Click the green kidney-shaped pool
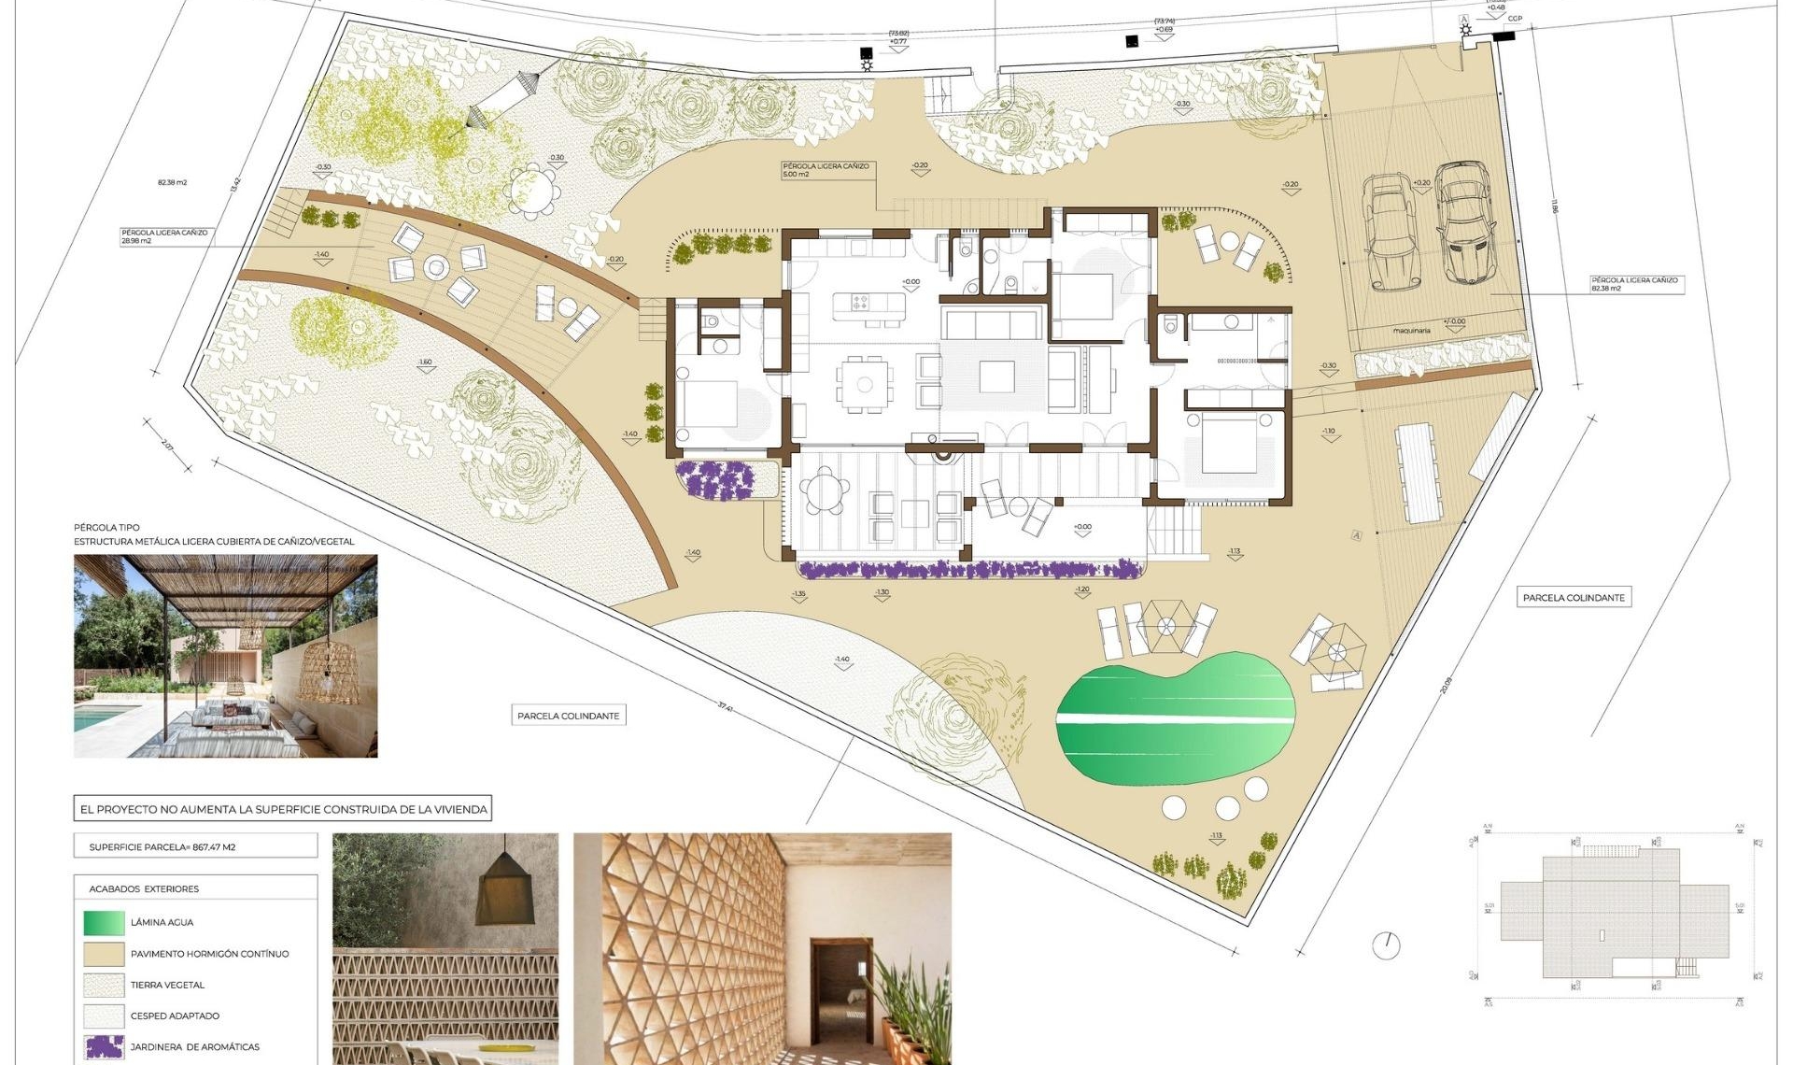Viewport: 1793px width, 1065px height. click(x=1175, y=717)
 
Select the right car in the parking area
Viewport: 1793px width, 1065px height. click(x=1463, y=222)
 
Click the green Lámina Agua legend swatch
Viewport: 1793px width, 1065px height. click(x=104, y=922)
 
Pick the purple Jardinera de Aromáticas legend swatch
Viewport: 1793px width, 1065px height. click(x=104, y=1046)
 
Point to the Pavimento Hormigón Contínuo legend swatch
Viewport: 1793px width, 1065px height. click(x=104, y=954)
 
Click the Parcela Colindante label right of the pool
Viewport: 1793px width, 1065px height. click(x=1574, y=598)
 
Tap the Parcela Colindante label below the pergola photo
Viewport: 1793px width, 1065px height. click(x=568, y=716)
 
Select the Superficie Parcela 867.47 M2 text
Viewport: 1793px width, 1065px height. click(x=162, y=847)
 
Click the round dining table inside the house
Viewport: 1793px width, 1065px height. click(x=865, y=384)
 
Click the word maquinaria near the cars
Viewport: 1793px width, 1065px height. click(x=1411, y=331)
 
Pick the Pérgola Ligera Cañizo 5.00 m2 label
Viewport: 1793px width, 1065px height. click(x=826, y=170)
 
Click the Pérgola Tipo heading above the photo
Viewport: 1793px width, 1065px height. click(x=106, y=528)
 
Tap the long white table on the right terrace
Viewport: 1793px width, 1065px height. click(x=1419, y=473)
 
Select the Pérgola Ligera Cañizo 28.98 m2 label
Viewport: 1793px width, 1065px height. click(x=164, y=236)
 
